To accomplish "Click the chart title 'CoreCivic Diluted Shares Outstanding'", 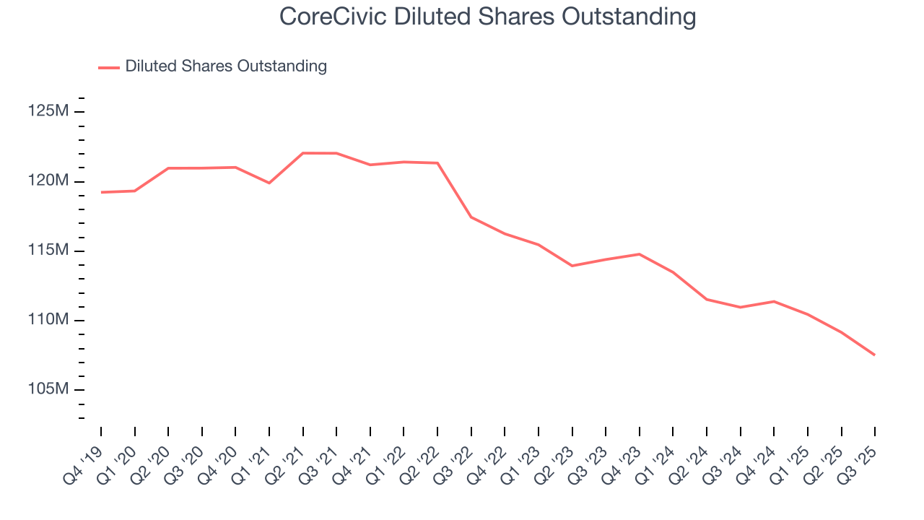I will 487,17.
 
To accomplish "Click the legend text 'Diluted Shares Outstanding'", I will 226,66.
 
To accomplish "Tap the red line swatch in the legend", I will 109,67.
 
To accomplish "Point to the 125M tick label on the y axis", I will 48,112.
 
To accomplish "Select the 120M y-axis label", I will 48,181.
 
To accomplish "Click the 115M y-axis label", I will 48,251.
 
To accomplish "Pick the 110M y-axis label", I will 48,320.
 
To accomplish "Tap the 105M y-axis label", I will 48,390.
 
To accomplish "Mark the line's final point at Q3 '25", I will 875,355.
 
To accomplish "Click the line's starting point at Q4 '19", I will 101,192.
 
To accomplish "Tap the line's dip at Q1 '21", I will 269,183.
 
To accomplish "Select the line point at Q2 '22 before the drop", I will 437,163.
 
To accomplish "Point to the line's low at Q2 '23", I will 572,266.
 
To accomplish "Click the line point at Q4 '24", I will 774,301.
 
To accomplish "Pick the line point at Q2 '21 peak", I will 303,153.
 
